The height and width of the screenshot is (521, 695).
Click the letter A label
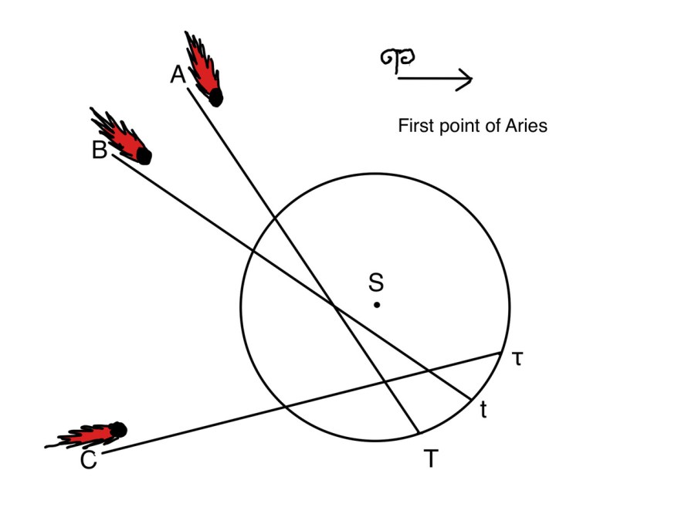point(178,75)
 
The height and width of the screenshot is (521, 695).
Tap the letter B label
point(99,151)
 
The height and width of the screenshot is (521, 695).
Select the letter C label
point(88,462)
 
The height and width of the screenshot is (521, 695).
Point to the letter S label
point(376,282)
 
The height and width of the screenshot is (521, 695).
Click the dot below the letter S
point(377,305)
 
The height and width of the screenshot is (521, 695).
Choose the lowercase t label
point(483,411)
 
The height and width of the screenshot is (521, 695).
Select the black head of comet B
point(144,156)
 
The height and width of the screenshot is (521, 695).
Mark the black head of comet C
point(117,429)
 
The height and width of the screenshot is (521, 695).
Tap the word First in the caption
point(415,126)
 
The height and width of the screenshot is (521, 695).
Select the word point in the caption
point(460,126)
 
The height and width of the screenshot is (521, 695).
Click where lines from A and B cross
point(334,306)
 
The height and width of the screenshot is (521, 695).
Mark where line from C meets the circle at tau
point(501,353)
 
